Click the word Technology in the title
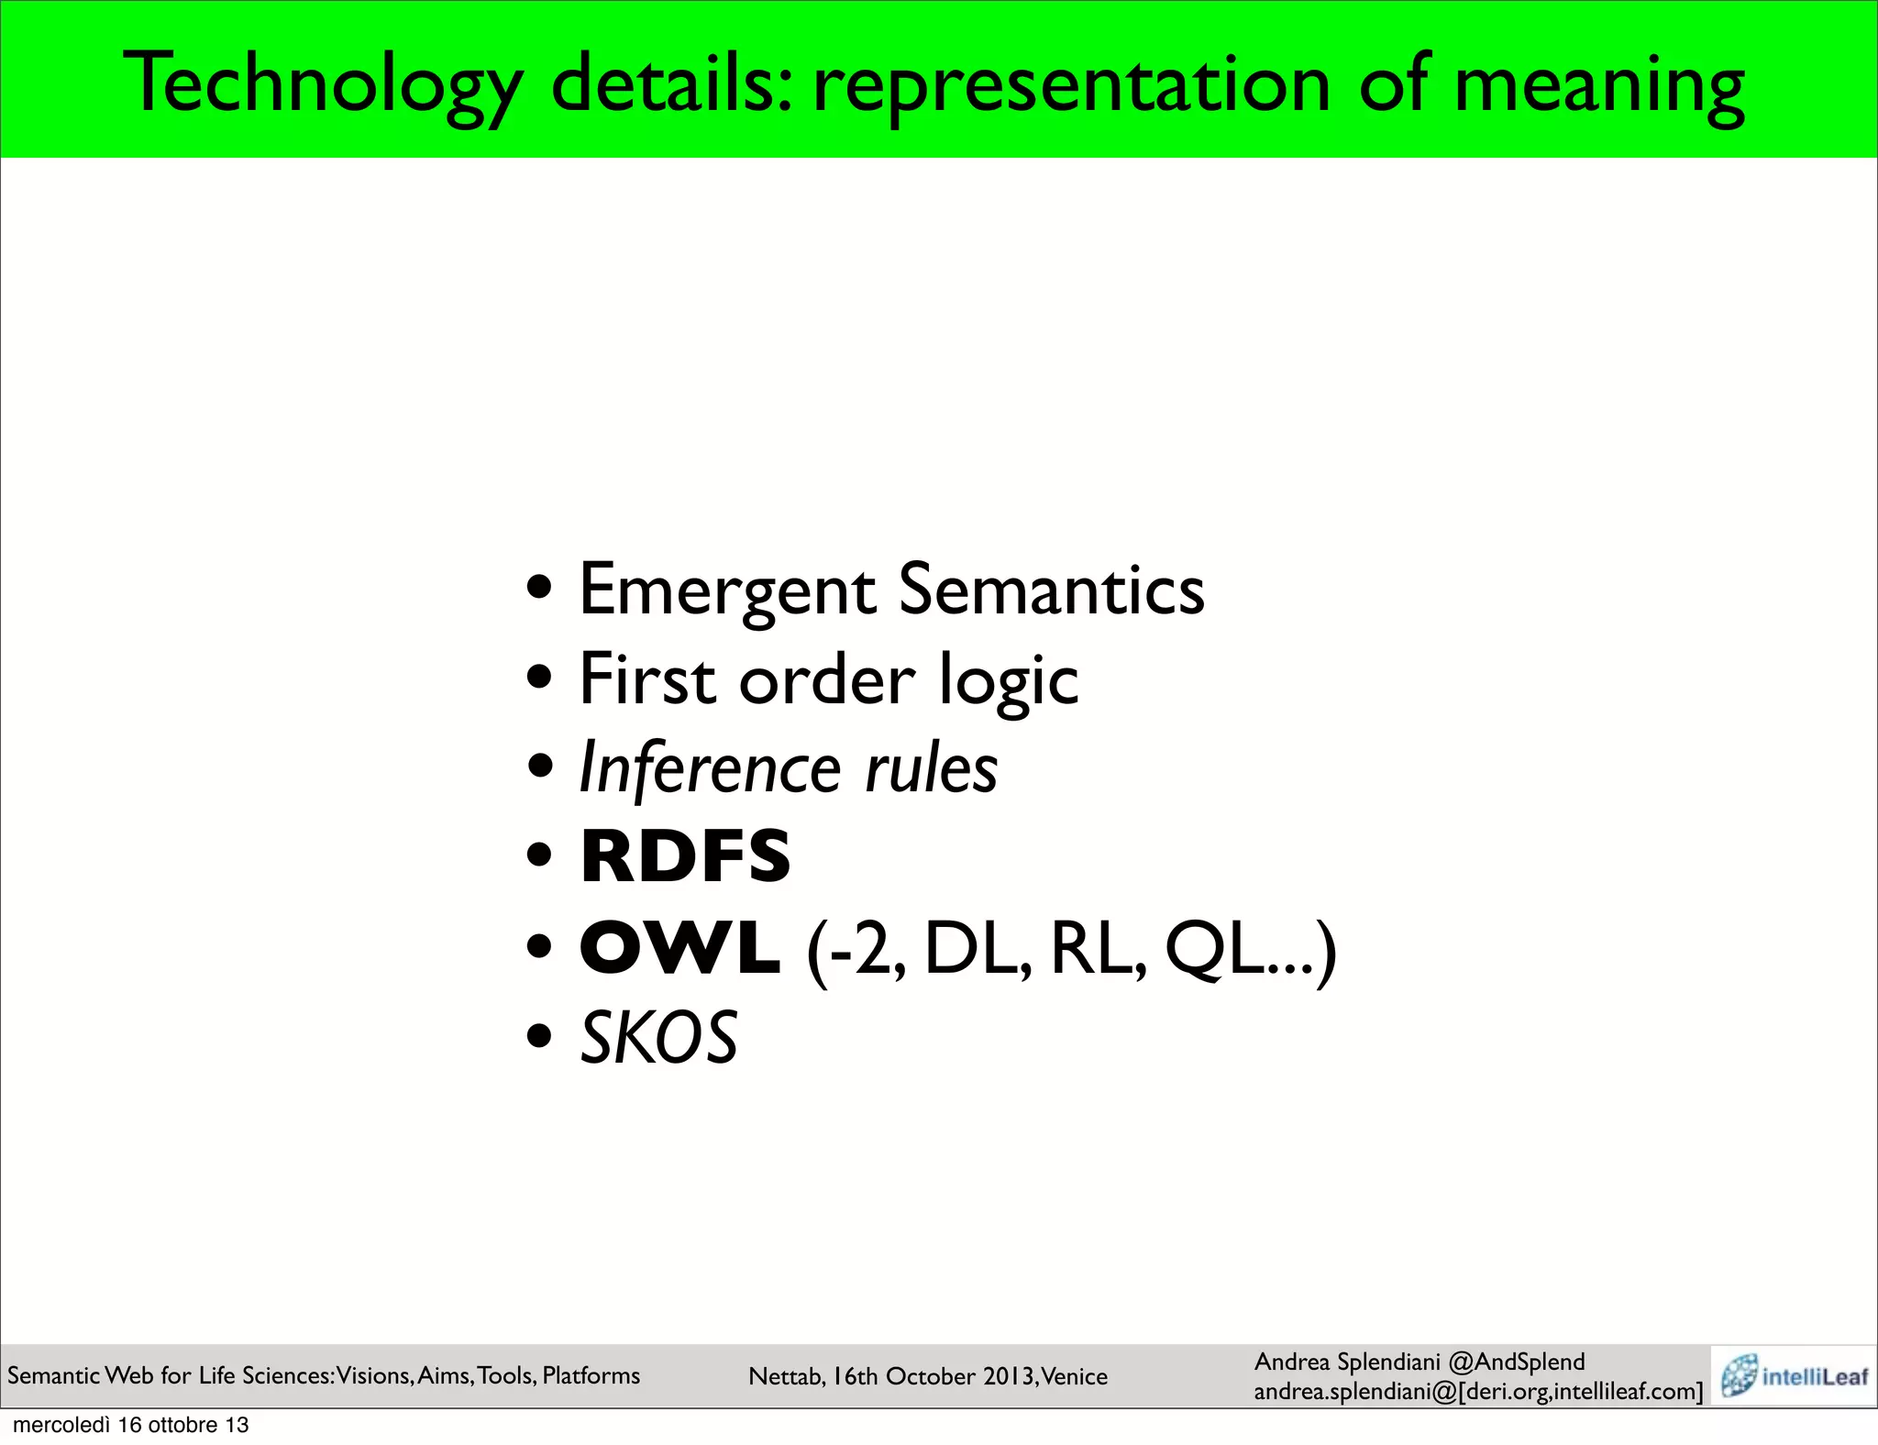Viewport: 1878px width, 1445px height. (323, 84)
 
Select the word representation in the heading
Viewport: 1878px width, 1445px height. (1071, 84)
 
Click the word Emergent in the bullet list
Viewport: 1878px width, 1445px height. (728, 590)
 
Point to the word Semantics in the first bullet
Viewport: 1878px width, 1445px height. (1051, 590)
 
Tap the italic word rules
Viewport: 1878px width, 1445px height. (932, 768)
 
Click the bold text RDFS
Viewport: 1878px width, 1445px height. (685, 856)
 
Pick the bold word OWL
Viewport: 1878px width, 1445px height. (680, 948)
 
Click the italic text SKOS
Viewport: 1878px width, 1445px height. (659, 1038)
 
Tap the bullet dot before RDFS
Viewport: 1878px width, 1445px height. (540, 856)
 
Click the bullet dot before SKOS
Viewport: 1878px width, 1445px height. (540, 1037)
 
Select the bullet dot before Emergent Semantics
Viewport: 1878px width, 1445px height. (540, 586)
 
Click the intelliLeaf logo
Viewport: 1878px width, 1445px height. (1793, 1376)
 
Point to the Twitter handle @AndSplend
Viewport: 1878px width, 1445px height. (1517, 1362)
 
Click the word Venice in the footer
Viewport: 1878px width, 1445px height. (1075, 1376)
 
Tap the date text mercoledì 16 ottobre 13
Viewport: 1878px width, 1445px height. (131, 1425)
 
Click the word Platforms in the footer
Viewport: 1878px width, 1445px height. (591, 1375)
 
